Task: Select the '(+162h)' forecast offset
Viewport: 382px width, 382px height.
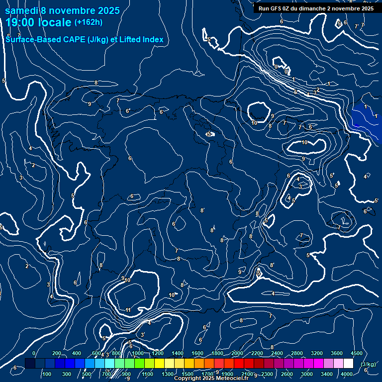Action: point(89,22)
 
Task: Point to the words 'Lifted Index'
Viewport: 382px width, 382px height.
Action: point(143,40)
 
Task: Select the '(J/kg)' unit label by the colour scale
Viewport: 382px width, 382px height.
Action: point(368,365)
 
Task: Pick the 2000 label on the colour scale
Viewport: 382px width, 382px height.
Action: point(237,353)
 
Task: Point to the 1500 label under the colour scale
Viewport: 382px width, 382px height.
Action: point(187,374)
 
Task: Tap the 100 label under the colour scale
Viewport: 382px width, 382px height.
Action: point(47,374)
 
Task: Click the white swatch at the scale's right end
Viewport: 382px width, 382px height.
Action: point(348,364)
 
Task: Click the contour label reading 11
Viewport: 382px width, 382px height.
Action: point(128,310)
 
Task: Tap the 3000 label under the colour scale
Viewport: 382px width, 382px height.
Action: point(307,374)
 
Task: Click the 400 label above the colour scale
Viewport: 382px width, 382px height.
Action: point(77,353)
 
